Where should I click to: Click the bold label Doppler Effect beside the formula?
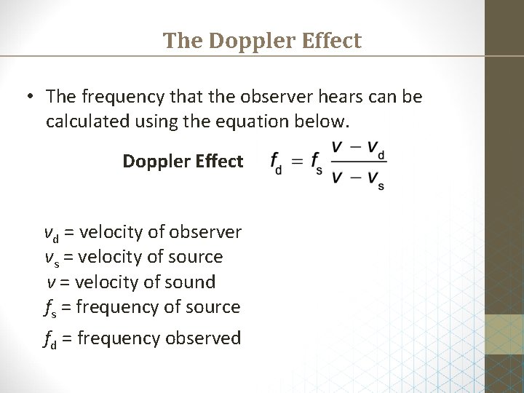click(183, 161)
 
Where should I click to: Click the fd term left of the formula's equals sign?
click(277, 162)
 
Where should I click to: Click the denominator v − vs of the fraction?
click(358, 177)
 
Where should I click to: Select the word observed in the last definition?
click(203, 338)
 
